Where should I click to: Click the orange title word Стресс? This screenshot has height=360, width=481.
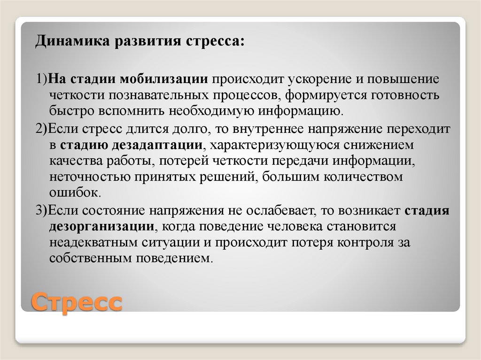click(77, 302)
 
